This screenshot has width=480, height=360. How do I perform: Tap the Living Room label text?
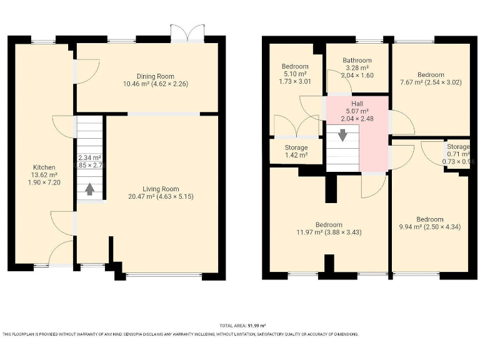[161, 189]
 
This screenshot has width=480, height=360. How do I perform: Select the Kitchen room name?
[44, 167]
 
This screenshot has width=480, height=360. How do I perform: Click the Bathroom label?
[357, 61]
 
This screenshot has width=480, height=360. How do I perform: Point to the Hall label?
[357, 104]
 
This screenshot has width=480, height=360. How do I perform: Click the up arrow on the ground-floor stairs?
[89, 187]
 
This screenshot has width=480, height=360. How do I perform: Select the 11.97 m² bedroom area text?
[328, 232]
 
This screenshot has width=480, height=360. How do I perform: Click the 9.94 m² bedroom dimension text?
[429, 227]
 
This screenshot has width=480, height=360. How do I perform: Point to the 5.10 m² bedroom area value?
[294, 74]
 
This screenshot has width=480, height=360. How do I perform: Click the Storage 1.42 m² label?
[296, 155]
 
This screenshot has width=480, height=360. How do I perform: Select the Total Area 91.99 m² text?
[243, 326]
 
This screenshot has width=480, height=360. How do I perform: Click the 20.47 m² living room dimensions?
[161, 197]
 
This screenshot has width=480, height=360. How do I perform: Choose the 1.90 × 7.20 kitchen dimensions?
[44, 182]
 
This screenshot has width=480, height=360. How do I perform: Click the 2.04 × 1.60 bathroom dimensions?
[357, 75]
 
